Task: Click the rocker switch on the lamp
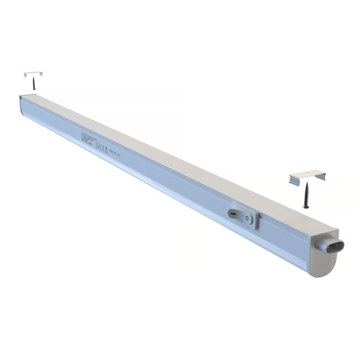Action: pos(241,216)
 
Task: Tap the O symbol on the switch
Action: pos(247,218)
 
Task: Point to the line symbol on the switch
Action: pos(234,214)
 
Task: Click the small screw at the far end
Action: pos(34,84)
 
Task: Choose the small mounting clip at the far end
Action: pos(34,74)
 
